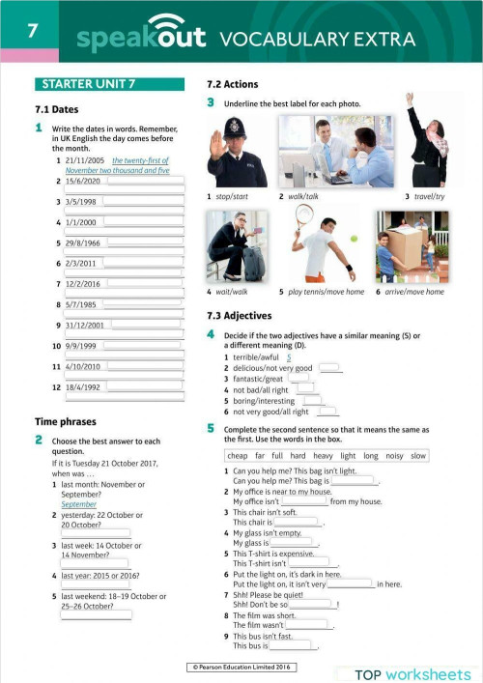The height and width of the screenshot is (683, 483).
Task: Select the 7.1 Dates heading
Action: [55, 109]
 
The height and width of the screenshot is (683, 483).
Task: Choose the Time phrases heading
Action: [66, 421]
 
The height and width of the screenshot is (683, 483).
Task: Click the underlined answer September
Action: [78, 504]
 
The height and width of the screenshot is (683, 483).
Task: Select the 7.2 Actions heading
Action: [233, 84]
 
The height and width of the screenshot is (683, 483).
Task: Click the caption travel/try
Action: [426, 197]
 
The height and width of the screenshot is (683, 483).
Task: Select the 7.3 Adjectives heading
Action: [240, 316]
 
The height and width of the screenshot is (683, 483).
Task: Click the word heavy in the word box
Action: [323, 455]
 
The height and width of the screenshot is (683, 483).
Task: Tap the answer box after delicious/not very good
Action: [329, 367]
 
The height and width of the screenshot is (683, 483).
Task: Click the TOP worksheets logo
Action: [412, 674]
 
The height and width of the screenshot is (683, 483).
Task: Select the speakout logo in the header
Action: [140, 37]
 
